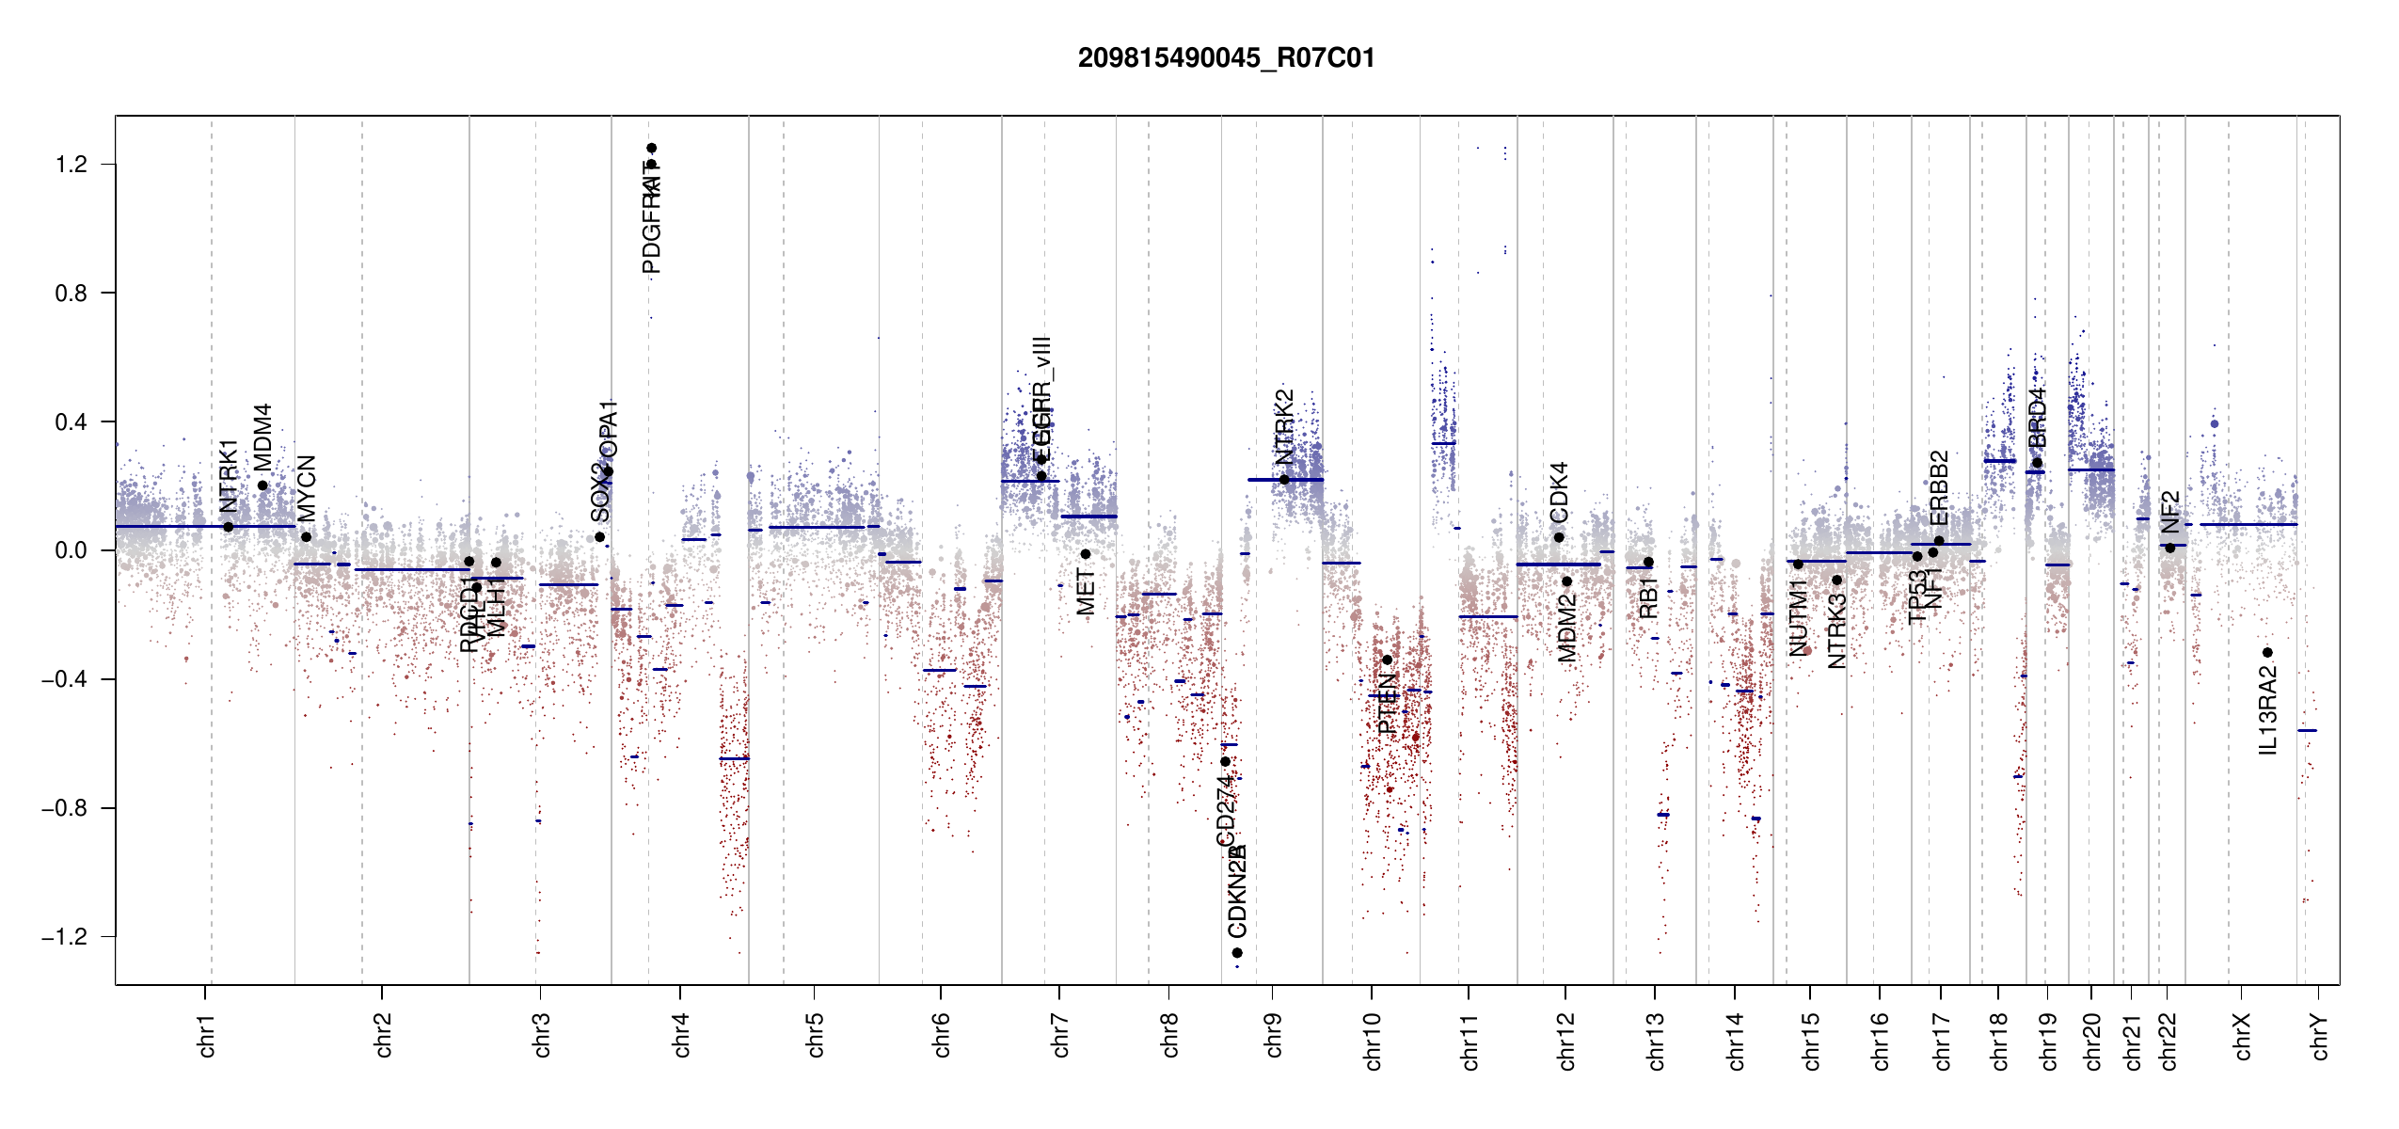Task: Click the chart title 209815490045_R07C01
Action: [x=1226, y=58]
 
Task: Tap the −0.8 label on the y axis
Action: [x=64, y=808]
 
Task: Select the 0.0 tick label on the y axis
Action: [x=71, y=550]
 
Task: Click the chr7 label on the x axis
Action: [x=1060, y=1035]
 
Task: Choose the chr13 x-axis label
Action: [x=1655, y=1041]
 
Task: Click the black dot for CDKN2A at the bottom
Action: [x=1237, y=953]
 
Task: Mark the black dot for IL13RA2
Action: [x=2267, y=653]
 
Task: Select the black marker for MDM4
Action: [x=262, y=486]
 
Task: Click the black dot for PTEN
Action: [x=1387, y=660]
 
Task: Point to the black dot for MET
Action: [x=1085, y=554]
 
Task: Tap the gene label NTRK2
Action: [x=1284, y=427]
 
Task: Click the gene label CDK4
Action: [x=1559, y=492]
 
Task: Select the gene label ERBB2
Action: [x=1939, y=488]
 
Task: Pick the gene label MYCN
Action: [x=307, y=488]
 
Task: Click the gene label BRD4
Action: [x=2037, y=418]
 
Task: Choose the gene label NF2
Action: [x=2169, y=512]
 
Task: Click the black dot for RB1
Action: [x=1648, y=563]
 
